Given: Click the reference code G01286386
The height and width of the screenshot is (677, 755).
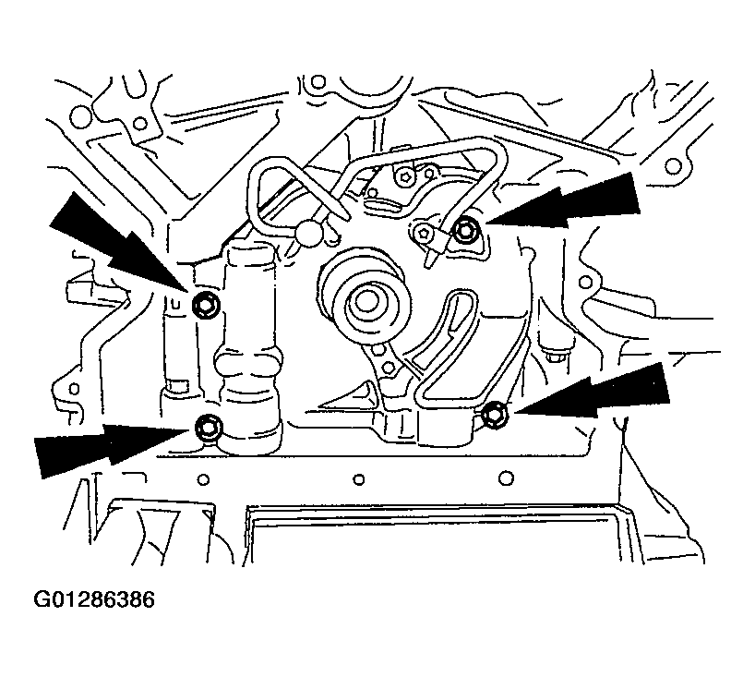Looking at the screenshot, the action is (94, 599).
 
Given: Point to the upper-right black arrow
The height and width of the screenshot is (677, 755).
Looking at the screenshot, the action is (563, 201).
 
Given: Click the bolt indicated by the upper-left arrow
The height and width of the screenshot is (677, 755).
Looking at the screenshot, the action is (206, 305).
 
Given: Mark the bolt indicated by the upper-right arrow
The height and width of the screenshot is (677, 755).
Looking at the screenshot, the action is (465, 231).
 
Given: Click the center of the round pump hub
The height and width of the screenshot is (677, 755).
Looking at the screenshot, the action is (366, 302).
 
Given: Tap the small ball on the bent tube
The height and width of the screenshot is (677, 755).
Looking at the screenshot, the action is (309, 232).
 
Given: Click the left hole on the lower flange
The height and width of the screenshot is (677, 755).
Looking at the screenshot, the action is (203, 479).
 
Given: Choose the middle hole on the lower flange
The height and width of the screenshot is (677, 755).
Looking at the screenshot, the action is (359, 479).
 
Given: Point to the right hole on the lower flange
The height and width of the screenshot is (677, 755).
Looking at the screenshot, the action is (506, 478).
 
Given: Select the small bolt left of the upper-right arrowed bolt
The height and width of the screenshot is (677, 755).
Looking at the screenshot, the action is (425, 234).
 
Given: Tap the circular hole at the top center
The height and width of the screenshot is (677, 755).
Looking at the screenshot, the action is (318, 83).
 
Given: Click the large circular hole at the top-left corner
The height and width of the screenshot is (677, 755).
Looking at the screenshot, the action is (80, 116).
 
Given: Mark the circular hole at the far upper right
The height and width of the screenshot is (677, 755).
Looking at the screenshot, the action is (673, 167).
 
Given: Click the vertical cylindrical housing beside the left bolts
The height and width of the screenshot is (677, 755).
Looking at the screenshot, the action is (249, 347).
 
